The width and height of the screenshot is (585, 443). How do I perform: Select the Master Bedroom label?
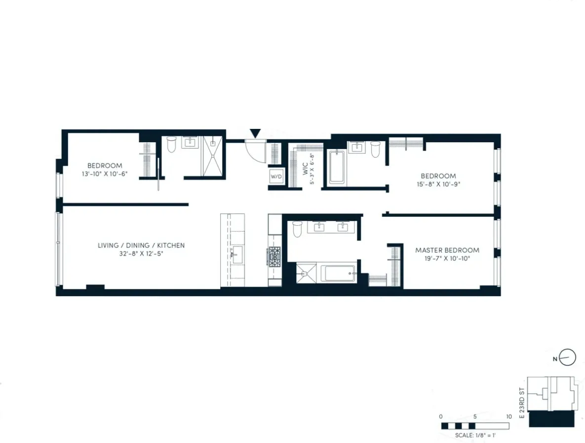click(x=447, y=250)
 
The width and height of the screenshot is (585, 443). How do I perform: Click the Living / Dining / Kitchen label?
click(x=141, y=245)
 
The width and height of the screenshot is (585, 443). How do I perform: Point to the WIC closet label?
click(x=305, y=165)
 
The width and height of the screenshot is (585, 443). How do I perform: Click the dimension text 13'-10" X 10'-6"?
click(x=105, y=173)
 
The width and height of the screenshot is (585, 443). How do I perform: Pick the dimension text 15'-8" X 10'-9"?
click(x=438, y=184)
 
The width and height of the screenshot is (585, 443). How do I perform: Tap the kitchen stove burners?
click(x=274, y=255)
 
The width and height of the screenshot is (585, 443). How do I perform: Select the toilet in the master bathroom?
click(x=298, y=229)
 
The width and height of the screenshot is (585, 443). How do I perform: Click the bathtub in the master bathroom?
click(x=338, y=273)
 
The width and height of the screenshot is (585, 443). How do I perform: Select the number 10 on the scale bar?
click(x=508, y=416)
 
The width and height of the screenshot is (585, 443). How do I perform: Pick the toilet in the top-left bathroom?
click(x=171, y=145)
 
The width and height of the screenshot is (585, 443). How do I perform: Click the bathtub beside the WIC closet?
click(x=337, y=167)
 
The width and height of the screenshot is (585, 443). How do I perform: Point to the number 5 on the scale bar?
click(x=475, y=416)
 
